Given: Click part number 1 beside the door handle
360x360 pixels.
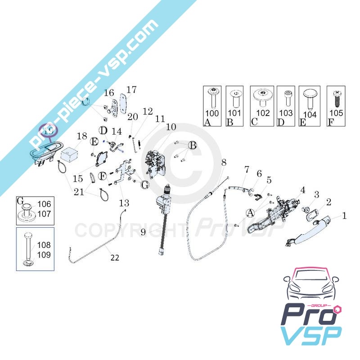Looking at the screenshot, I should (x=344, y=216).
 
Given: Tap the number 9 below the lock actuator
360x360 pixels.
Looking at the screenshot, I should (x=143, y=232).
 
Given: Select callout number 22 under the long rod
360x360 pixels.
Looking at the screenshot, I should (x=115, y=258).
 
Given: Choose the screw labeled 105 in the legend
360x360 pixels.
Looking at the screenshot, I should (x=336, y=112).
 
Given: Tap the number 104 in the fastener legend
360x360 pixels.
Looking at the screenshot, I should (x=310, y=114).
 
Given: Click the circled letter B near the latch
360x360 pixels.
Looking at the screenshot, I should (x=193, y=146).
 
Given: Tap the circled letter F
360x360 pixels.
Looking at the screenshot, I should (x=103, y=175).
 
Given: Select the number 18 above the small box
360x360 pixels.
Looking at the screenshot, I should (x=81, y=136).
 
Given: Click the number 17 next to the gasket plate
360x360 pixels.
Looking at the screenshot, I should (x=131, y=90).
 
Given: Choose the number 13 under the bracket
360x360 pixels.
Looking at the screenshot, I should (x=123, y=202).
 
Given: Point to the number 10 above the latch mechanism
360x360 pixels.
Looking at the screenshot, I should (x=171, y=127).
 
